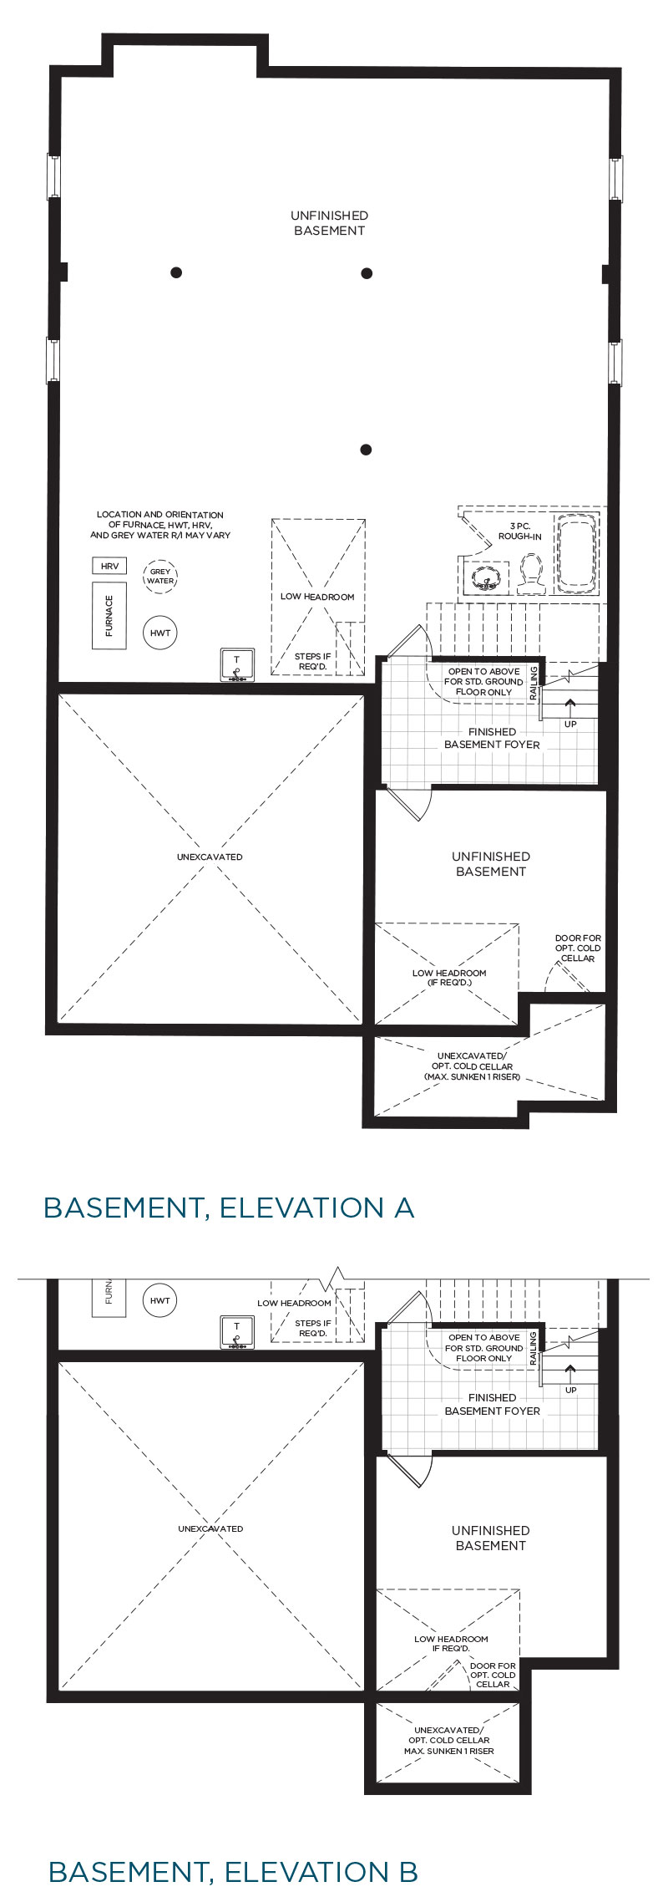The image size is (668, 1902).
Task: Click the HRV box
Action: (x=109, y=566)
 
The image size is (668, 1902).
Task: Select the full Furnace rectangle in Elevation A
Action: (x=109, y=615)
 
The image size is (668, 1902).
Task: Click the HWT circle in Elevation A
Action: (x=160, y=633)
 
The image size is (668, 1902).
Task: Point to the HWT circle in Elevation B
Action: (x=160, y=1300)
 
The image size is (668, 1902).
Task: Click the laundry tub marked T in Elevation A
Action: (x=236, y=665)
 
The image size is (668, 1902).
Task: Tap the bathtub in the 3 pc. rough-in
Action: (x=576, y=552)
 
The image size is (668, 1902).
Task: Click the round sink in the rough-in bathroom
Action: (x=483, y=576)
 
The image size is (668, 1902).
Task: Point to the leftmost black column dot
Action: (x=176, y=272)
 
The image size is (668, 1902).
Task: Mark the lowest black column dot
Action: (x=366, y=450)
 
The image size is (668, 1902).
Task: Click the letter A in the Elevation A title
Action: (x=404, y=1208)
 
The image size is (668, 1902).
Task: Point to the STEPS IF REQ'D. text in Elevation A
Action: (x=313, y=661)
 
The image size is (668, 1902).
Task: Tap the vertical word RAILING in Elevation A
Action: (x=534, y=681)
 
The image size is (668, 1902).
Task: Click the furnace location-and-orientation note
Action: (x=160, y=525)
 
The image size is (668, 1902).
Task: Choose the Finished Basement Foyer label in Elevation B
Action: (x=493, y=1404)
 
